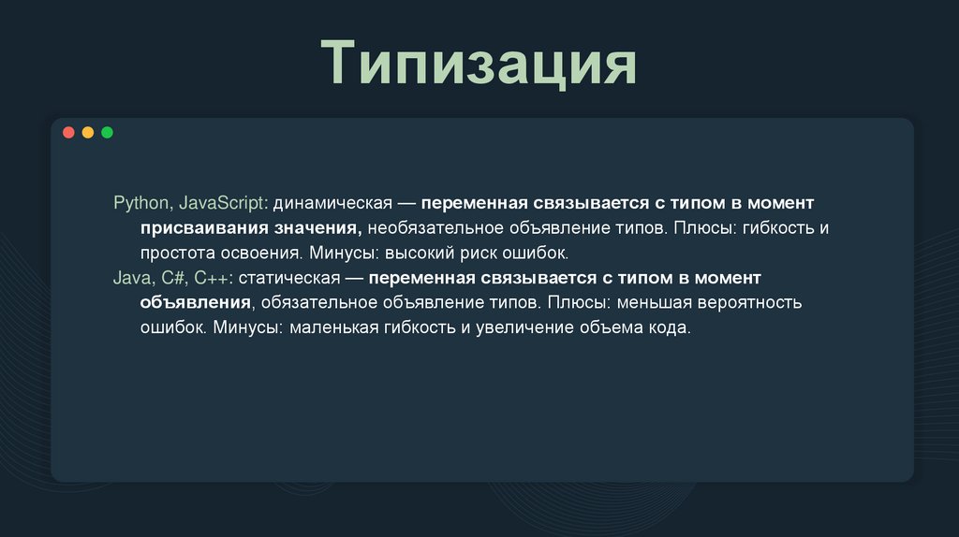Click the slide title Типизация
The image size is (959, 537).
pyautogui.click(x=479, y=65)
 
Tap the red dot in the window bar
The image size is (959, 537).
pyautogui.click(x=68, y=133)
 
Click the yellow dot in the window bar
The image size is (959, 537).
pyautogui.click(x=88, y=133)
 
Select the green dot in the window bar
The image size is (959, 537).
pyautogui.click(x=107, y=133)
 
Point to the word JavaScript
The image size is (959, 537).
pyautogui.click(x=223, y=203)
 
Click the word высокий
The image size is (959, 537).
pyautogui.click(x=424, y=253)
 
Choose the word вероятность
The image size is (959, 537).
pyautogui.click(x=743, y=303)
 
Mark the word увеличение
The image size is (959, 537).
pyautogui.click(x=520, y=328)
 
